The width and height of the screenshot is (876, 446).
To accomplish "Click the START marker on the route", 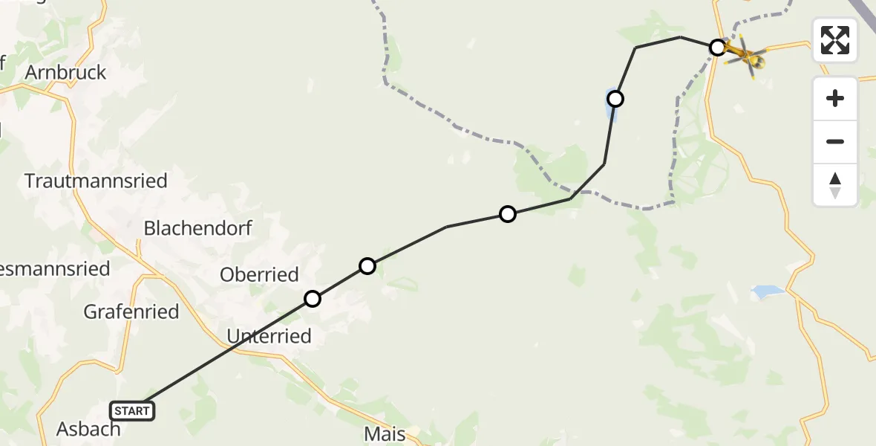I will tap(132, 410).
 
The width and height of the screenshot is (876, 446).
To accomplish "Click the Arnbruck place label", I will tap(65, 73).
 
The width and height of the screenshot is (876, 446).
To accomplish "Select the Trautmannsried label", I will tap(96, 181).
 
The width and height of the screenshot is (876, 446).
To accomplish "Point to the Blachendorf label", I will tap(198, 228).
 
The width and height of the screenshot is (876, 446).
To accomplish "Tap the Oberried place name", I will tap(259, 274).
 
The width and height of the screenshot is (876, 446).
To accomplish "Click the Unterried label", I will tap(269, 337).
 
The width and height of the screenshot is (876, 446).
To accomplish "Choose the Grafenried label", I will tap(131, 311).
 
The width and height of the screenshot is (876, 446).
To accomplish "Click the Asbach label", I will tap(88, 429).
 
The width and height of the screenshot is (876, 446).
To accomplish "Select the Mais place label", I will tap(385, 434).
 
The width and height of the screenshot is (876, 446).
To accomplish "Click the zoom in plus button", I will tap(835, 98).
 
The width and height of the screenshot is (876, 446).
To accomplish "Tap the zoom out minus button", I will tap(835, 141).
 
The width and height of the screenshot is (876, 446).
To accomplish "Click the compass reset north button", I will tap(835, 185).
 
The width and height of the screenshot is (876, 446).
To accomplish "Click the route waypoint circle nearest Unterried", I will tap(313, 299).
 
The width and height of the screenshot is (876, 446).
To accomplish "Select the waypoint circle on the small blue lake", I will tap(615, 98).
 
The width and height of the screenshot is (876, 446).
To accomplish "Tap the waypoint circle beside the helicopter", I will tap(717, 48).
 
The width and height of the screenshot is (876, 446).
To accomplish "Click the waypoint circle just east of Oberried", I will tap(367, 266).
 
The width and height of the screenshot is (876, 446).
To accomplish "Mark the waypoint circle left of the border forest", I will tap(508, 214).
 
